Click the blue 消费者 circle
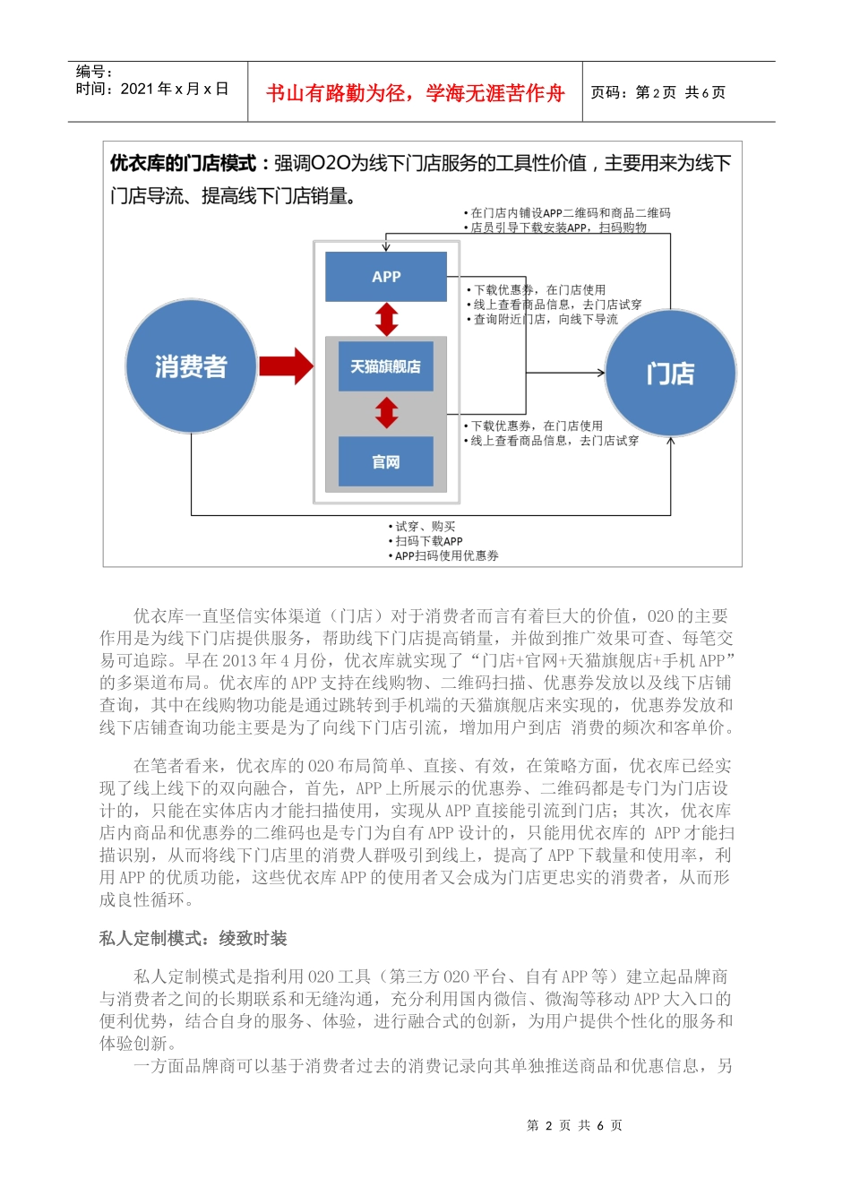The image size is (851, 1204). coord(191,365)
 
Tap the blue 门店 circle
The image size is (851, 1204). coord(670,373)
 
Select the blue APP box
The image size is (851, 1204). coord(386,277)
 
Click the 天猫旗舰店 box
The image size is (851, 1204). coord(385,366)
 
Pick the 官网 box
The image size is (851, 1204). coord(385,461)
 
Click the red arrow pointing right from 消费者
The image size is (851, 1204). coord(286,365)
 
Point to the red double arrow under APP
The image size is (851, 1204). coord(386,319)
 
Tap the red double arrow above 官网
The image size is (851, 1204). coord(386,413)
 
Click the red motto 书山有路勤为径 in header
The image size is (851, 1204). coord(415,93)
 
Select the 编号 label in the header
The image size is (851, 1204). coord(94,72)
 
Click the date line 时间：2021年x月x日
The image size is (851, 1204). coord(152,89)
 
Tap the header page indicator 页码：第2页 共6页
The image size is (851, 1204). coord(658,92)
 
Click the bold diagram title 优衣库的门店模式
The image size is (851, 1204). coord(183,163)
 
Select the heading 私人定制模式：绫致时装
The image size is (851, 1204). coord(193,938)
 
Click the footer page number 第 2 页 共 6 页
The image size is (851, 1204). coord(574,1125)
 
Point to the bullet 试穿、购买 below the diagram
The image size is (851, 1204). coord(425,527)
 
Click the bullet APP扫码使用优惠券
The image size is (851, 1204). coord(446,555)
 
